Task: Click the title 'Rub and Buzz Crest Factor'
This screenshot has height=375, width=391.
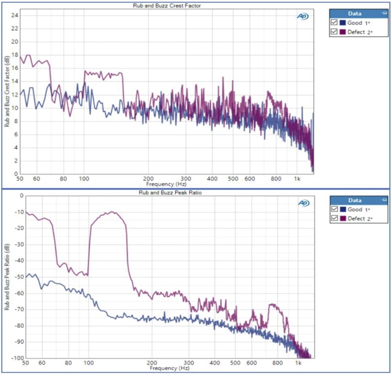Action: pos(167,6)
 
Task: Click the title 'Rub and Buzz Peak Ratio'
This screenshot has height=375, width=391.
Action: pos(170,193)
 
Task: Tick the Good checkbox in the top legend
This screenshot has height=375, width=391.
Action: pos(334,22)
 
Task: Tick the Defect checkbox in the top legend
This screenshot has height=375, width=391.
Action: pos(334,32)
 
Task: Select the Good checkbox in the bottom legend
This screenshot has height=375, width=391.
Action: pos(335,209)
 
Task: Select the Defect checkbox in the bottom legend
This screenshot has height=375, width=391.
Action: pos(335,218)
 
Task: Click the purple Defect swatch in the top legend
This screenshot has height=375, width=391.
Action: pos(343,32)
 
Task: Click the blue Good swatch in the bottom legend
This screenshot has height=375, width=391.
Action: pos(343,209)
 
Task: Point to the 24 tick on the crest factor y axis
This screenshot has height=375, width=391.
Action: pos(15,16)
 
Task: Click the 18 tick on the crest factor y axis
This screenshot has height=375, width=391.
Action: pos(15,55)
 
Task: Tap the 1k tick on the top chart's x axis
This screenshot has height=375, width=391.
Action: pos(297,179)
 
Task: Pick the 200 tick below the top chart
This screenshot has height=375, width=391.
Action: pos(148,179)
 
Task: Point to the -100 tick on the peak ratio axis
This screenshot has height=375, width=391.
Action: pos(18,358)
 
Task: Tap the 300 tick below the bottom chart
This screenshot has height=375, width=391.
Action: pos(189,363)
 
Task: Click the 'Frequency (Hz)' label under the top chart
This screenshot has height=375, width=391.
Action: pos(166,184)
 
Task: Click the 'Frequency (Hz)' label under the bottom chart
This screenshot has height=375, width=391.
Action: pos(170,368)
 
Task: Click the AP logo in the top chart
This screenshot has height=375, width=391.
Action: pos(302,17)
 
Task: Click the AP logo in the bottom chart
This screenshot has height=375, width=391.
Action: pos(304,203)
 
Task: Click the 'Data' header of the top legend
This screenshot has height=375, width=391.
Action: pos(355,14)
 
